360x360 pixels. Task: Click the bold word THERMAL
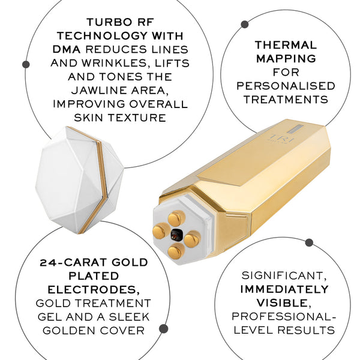pos(285,44)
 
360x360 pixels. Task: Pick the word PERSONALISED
pos(285,86)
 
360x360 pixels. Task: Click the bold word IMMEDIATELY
pos(285,289)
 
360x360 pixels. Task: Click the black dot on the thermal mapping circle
pos(245,24)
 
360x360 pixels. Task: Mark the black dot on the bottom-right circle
pos(309,242)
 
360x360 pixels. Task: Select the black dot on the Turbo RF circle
pos(26,64)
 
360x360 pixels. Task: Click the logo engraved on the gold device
pos(278,137)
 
